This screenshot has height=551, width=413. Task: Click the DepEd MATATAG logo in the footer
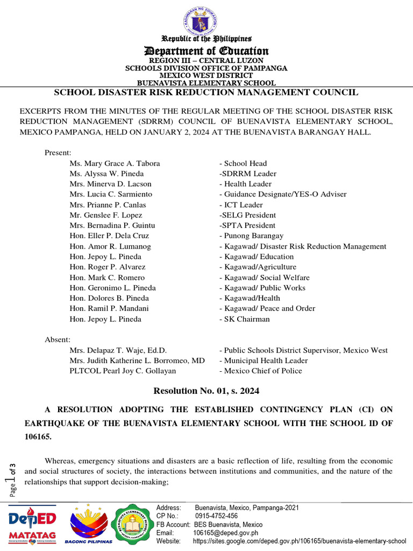[x=32, y=525]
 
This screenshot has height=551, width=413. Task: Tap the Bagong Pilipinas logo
[x=89, y=525]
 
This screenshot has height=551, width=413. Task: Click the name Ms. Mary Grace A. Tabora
[x=115, y=164]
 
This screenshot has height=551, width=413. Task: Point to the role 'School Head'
[x=243, y=164]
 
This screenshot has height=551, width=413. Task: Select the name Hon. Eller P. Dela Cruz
[x=109, y=236]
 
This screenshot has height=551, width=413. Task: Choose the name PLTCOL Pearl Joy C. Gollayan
[x=123, y=371]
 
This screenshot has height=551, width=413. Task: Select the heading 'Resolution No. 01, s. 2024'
[x=206, y=391]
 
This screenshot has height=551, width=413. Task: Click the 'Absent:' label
[x=57, y=340]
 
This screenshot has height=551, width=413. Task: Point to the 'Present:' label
[x=58, y=153]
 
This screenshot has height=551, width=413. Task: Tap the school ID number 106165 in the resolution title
[x=38, y=437]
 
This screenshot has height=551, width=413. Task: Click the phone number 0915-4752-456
[x=216, y=516]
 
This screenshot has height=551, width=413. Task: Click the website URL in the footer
[x=299, y=541]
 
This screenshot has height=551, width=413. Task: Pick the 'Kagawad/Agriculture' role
[x=258, y=267]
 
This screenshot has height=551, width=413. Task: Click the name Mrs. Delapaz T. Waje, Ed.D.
[x=118, y=350]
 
